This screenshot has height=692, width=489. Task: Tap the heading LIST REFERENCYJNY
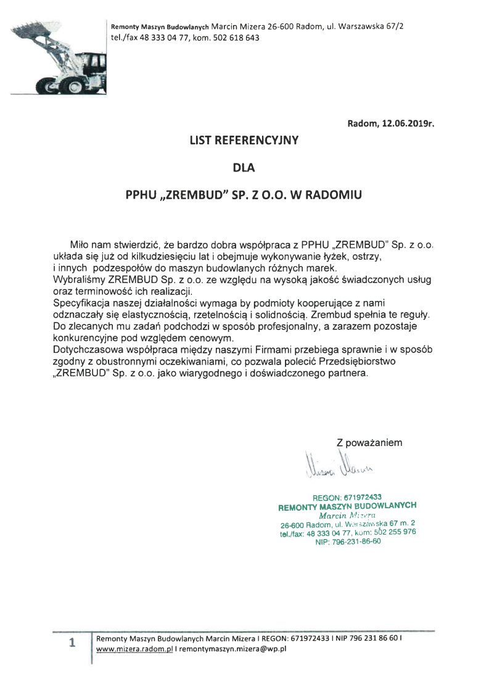point(244,140)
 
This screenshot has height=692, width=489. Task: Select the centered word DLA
point(244,167)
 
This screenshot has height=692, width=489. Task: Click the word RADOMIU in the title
point(335,194)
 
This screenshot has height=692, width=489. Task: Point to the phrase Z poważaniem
point(369,442)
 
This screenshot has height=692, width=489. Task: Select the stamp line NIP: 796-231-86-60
point(348,542)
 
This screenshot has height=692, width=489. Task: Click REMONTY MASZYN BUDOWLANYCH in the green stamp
point(348,506)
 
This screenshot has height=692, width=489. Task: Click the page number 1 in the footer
point(72,643)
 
